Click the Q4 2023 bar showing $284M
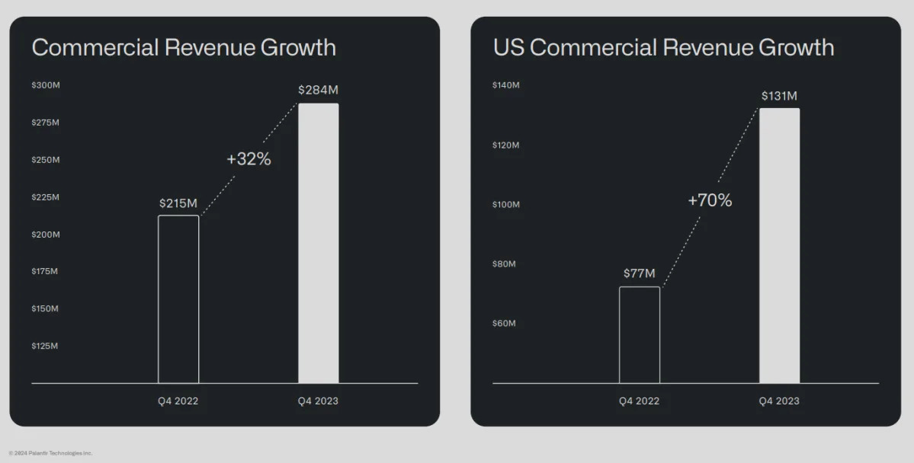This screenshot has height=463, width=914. pos(318,243)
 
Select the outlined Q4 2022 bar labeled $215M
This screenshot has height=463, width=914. pos(178,299)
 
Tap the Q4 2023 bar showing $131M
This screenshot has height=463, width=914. pos(779,245)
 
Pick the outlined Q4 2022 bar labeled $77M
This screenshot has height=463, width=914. pos(639,334)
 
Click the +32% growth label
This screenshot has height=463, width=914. pos(249,160)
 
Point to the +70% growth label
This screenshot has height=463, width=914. pos(710,200)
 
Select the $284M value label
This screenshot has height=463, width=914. pos(318,90)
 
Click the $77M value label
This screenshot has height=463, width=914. pos(639,273)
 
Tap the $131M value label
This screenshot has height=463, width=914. pos(779,96)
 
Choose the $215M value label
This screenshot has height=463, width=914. pos(178,203)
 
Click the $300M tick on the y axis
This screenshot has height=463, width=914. pos(46,85)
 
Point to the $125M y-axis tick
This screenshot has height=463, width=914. pos(45,346)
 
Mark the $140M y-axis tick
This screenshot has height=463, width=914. pos(506,85)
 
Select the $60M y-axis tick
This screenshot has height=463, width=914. pos(504,324)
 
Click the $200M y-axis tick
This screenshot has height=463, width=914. pos(46,235)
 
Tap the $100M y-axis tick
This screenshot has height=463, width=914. pos(506,205)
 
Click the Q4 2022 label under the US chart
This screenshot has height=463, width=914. pos(639,401)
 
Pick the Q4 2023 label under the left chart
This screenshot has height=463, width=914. pos(318,401)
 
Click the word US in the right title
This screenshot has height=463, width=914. pos(508,48)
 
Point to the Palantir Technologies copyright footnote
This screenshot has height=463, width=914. pos(51,453)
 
